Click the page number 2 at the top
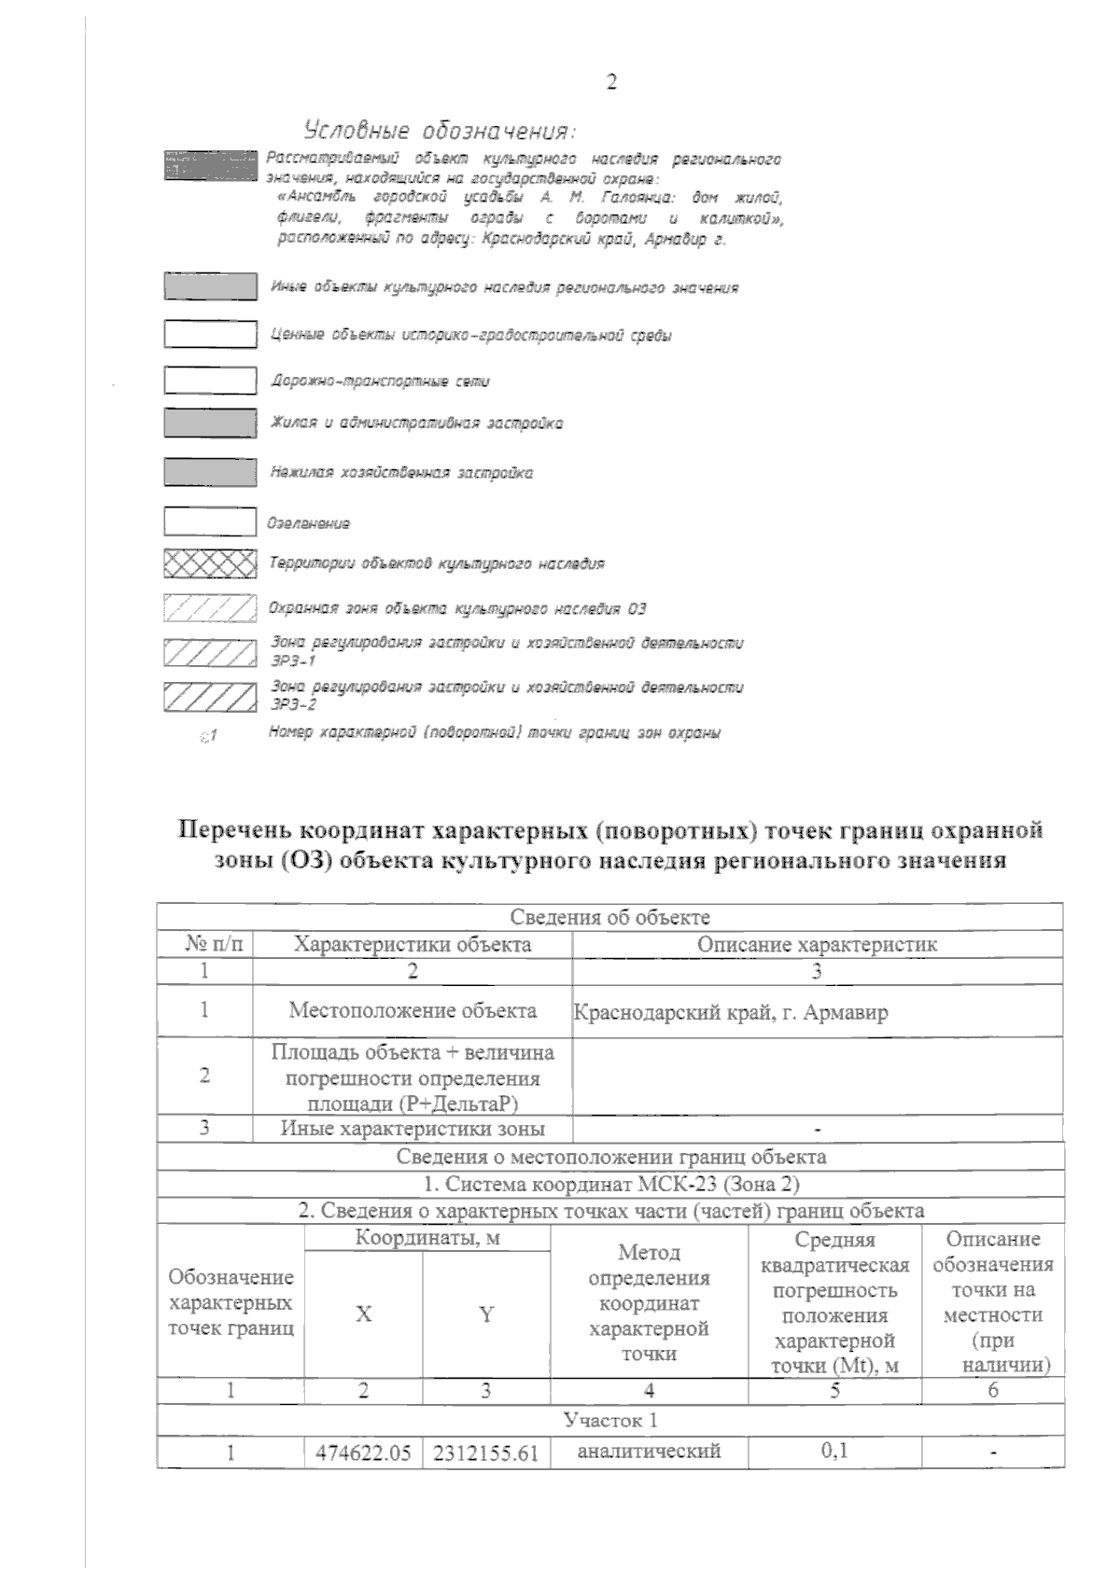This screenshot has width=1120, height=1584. tap(611, 83)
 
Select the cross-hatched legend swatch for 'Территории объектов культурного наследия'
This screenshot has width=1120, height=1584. tap(210, 563)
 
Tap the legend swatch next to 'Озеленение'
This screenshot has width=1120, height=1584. tap(210, 521)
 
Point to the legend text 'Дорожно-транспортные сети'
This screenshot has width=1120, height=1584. tap(380, 381)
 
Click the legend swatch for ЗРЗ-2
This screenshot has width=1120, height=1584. tap(210, 696)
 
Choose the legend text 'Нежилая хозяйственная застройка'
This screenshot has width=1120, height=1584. tap(401, 473)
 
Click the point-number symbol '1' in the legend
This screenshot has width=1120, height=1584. tap(209, 736)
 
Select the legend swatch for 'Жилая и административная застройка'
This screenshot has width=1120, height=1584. tap(210, 424)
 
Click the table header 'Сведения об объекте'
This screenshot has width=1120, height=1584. tap(610, 917)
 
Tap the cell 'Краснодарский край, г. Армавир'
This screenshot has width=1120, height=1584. tap(730, 1012)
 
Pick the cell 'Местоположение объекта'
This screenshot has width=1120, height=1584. tap(413, 1010)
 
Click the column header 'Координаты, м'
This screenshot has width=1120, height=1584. tap(427, 1238)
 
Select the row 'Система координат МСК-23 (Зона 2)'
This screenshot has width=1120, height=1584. tap(610, 1184)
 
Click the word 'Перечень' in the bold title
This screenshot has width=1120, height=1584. tap(237, 829)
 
